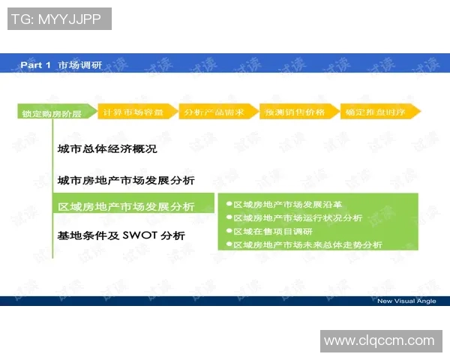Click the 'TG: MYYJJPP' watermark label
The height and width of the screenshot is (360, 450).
point(60,19)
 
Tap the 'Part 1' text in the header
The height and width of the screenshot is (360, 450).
point(35,65)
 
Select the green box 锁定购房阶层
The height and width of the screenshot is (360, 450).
point(53,113)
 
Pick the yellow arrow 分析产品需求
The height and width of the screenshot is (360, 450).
point(215,111)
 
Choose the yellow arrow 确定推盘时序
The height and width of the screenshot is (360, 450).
point(377,111)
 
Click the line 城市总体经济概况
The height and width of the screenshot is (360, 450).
point(107,148)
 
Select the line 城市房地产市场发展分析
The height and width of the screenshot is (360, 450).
point(126,181)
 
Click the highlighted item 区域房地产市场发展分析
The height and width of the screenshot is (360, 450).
point(126,207)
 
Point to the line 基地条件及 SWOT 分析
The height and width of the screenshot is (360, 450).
point(121,235)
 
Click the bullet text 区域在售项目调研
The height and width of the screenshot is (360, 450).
point(273,231)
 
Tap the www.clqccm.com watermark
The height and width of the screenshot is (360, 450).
point(379,340)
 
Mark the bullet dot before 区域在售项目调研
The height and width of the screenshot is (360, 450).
point(229,231)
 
